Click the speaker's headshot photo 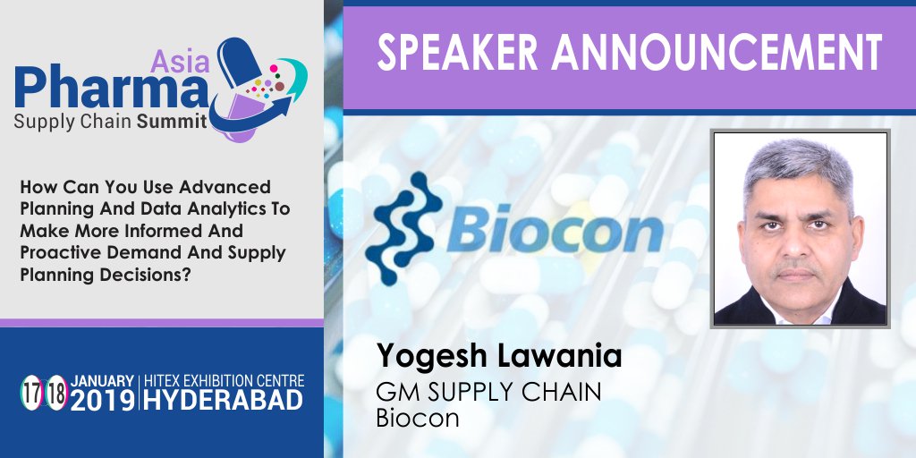(800, 228)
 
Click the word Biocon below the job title (418, 417)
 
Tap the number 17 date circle (31, 392)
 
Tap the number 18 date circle (56, 392)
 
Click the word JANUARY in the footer (101, 380)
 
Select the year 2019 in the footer (101, 401)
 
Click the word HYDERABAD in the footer (223, 401)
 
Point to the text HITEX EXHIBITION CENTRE (223, 380)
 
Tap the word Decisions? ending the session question (149, 273)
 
